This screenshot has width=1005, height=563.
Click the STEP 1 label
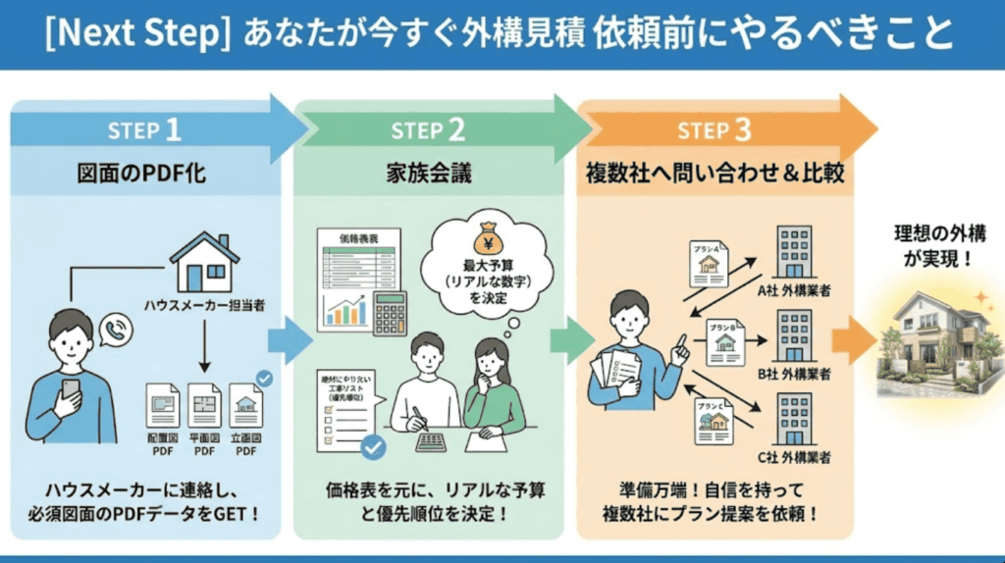click(144, 129)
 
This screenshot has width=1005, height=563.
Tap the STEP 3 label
click(714, 129)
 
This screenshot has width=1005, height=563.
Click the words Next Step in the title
click(138, 35)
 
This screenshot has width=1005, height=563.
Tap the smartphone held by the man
click(71, 389)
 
